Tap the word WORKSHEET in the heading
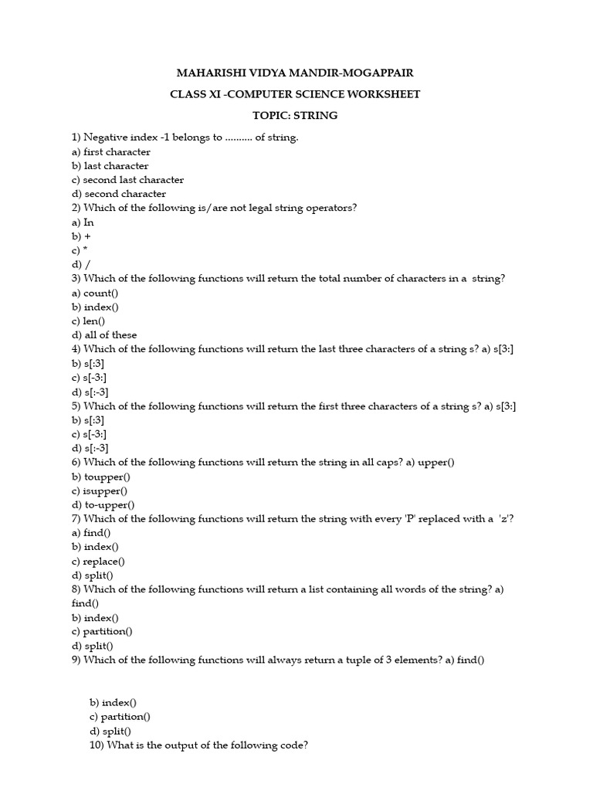[382, 95]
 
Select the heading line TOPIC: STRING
[295, 116]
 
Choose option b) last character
[110, 166]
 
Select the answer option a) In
[83, 222]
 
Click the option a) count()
[96, 293]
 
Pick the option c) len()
[89, 321]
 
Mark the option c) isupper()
[100, 491]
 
